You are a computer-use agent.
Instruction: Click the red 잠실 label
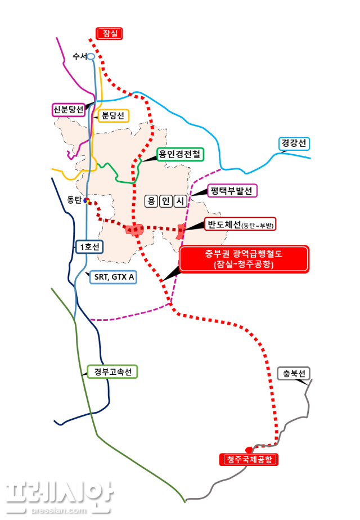tap(109, 34)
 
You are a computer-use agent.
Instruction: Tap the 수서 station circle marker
tap(91, 56)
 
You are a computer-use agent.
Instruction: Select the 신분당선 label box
tap(68, 109)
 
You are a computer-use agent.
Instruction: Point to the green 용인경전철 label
tap(180, 154)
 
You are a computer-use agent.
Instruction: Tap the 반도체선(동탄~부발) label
tap(240, 225)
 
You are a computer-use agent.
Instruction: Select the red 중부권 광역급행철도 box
tap(244, 259)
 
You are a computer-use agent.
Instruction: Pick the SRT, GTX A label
tap(112, 277)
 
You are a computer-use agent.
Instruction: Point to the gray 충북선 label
tap(294, 373)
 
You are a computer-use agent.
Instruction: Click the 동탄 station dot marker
tap(86, 200)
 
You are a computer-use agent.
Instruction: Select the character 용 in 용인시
tap(151, 201)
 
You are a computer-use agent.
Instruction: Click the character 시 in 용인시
tap(179, 201)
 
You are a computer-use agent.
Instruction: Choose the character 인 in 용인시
tap(165, 201)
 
